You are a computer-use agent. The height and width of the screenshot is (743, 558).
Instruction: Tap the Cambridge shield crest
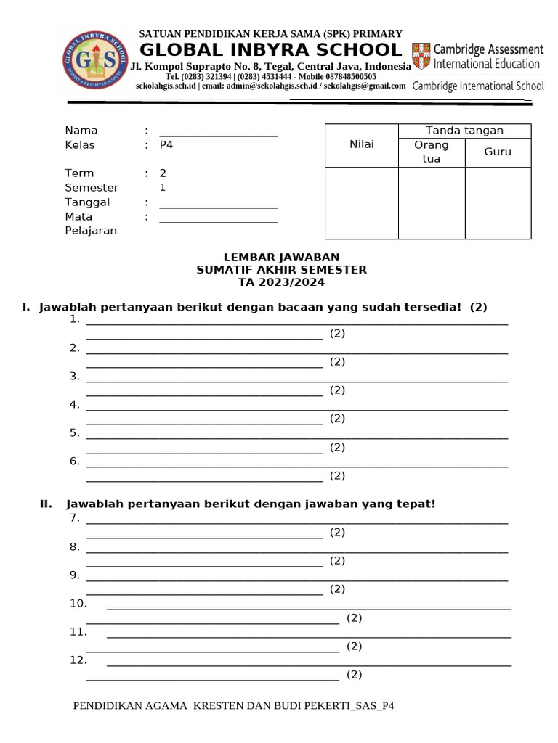click(421, 57)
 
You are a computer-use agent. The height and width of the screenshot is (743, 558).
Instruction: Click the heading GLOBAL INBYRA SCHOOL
click(270, 50)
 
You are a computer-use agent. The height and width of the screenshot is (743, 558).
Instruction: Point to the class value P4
click(166, 145)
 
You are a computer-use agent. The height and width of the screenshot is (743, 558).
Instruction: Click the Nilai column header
click(361, 144)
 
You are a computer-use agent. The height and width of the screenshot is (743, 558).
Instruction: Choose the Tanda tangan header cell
click(464, 131)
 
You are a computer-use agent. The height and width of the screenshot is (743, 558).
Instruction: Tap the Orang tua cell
click(431, 152)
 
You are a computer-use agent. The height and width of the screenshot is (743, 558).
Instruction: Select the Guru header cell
click(498, 152)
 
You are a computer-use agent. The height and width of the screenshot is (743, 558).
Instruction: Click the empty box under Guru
click(498, 202)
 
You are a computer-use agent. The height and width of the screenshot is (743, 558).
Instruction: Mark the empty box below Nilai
click(361, 202)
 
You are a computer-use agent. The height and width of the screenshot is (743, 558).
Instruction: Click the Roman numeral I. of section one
click(26, 308)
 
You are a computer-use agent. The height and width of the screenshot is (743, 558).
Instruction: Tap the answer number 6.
click(74, 461)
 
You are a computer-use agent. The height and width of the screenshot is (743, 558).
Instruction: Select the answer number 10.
click(78, 604)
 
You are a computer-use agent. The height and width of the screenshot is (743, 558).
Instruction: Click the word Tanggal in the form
click(87, 202)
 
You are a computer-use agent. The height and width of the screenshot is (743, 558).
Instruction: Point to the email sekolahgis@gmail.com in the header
click(364, 86)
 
